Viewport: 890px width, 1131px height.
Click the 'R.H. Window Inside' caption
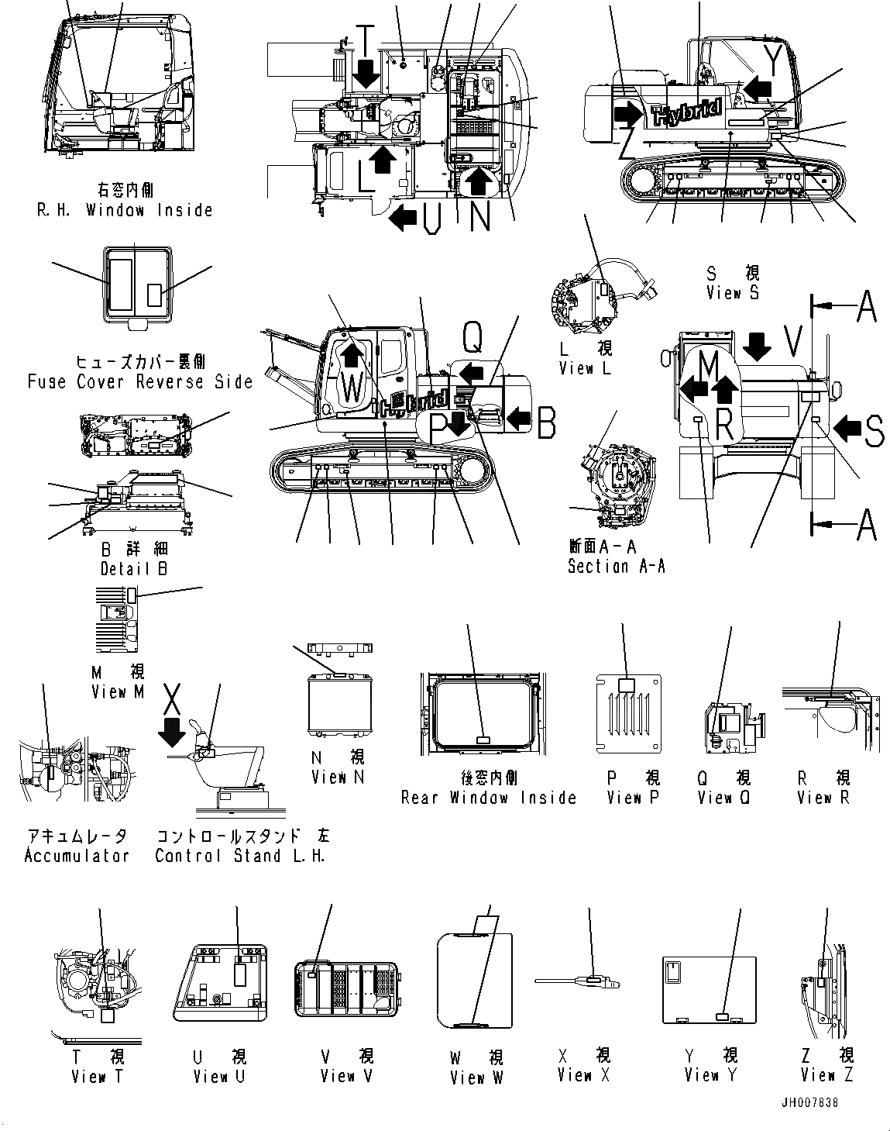pyautogui.click(x=124, y=210)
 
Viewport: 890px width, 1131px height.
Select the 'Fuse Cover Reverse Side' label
pyautogui.click(x=140, y=381)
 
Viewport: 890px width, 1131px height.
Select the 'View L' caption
pyautogui.click(x=585, y=369)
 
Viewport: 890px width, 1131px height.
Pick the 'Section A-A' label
pyautogui.click(x=616, y=566)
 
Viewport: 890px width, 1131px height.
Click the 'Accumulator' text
pyautogui.click(x=77, y=856)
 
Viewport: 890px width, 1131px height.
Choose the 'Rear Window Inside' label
pyautogui.click(x=488, y=798)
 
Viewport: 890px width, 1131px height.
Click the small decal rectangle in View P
pyautogui.click(x=627, y=684)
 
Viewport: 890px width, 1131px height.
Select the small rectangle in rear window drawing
pyautogui.click(x=482, y=740)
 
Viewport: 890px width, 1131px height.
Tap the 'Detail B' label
pyautogui.click(x=134, y=568)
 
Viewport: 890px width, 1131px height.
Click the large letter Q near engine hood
pyautogui.click(x=472, y=336)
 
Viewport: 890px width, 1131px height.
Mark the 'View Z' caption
pyautogui.click(x=826, y=1075)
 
